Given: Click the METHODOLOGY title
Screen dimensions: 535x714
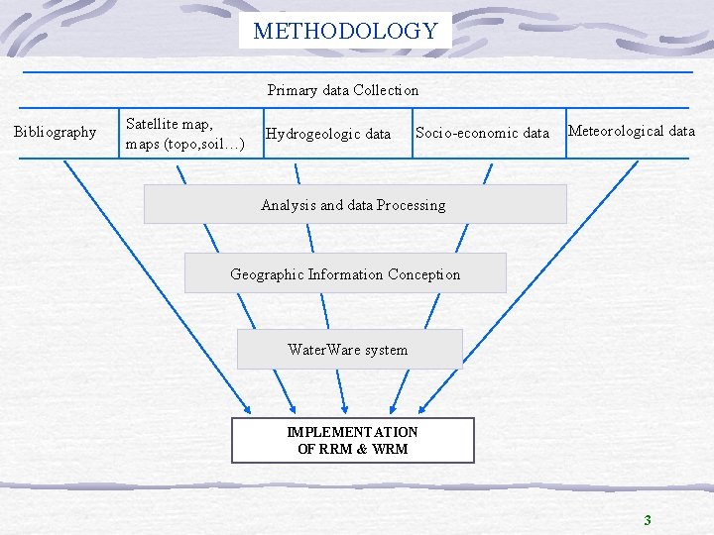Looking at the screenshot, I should coord(345,31).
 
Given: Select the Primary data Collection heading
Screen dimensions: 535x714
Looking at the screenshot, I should coord(343,90).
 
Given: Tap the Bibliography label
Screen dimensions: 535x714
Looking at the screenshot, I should coord(56,132).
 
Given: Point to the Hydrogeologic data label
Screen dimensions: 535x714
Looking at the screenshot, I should coord(328,134).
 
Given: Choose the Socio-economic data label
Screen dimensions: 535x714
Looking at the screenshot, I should coord(482,133).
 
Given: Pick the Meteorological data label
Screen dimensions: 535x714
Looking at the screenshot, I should coord(632,131).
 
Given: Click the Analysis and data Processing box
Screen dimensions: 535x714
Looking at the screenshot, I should coord(354,205).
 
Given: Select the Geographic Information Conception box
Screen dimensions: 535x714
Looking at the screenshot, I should coord(345,273).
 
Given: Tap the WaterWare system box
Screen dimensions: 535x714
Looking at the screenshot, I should coord(348,349).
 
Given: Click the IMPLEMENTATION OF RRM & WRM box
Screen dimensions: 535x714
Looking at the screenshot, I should coord(353,440).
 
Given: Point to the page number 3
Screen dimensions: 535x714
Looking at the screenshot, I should coord(648,520).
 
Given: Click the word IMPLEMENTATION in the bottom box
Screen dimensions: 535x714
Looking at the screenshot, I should coord(352,432).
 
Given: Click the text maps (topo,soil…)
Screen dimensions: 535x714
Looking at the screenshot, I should coord(185,144).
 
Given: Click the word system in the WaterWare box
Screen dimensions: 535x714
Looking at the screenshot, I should coord(386,350).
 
